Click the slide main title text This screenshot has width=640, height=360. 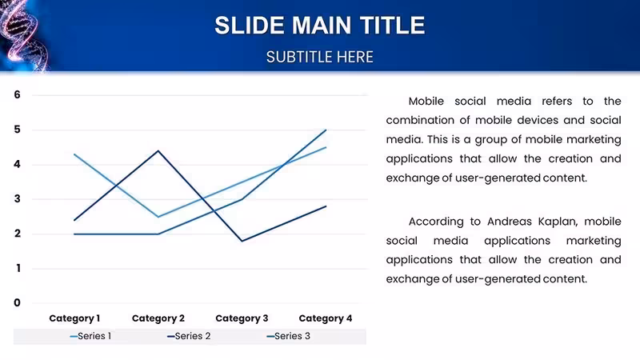click(x=319, y=26)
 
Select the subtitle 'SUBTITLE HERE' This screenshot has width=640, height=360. click(x=319, y=57)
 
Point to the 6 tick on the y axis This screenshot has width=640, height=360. click(x=17, y=94)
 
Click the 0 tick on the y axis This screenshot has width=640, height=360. click(x=17, y=303)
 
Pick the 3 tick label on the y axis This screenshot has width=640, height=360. click(x=17, y=198)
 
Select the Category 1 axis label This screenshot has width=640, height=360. click(x=74, y=318)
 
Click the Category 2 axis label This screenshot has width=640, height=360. click(x=158, y=318)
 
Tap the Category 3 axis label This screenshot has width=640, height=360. click(x=242, y=318)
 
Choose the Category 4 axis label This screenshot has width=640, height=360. click(x=326, y=318)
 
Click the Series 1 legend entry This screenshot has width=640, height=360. click(x=90, y=336)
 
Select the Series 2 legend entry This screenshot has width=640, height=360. click(x=189, y=336)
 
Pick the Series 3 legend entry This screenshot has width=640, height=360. click(x=288, y=336)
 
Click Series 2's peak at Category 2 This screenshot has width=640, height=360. click(x=158, y=151)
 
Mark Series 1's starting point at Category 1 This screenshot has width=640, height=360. click(x=74, y=154)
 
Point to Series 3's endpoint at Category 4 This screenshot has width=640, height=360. click(x=326, y=130)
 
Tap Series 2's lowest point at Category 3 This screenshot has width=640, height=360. click(x=242, y=241)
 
